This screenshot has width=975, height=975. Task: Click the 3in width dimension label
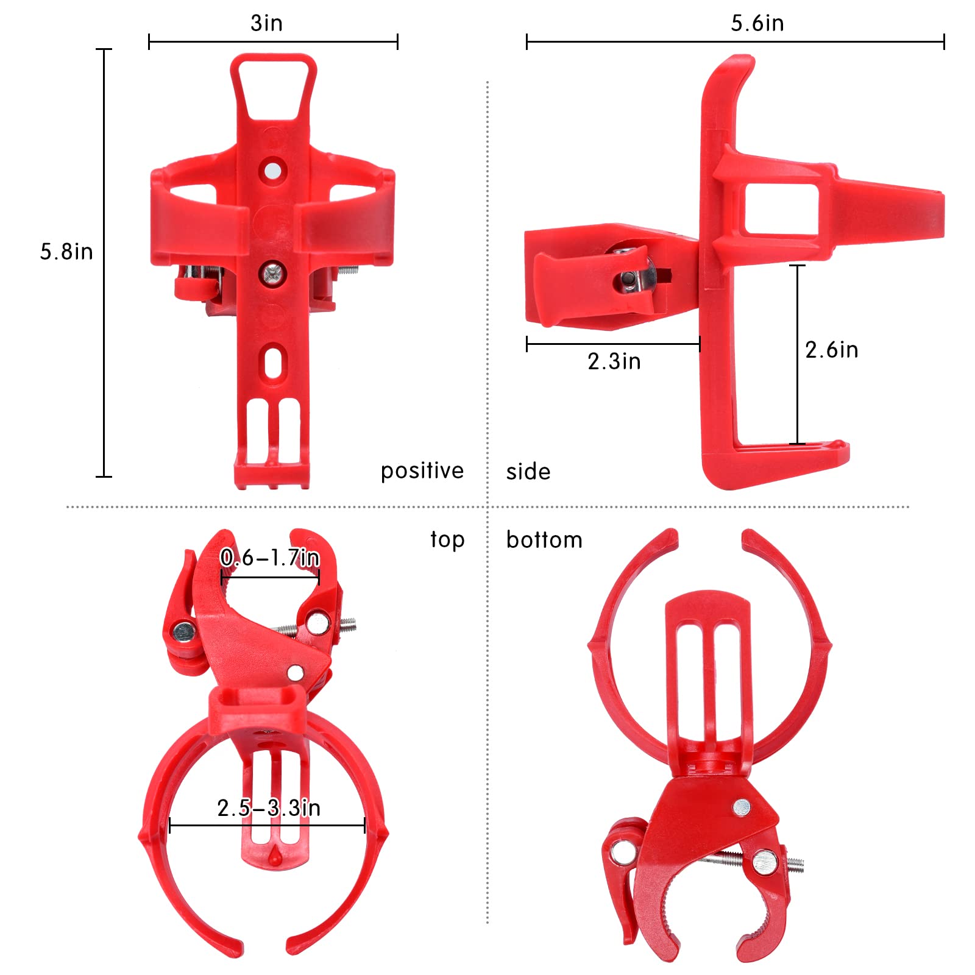[266, 23]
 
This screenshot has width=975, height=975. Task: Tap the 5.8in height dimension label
[66, 252]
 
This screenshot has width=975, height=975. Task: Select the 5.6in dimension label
[757, 23]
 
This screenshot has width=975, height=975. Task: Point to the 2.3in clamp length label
[614, 361]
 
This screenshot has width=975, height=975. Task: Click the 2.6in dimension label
[831, 350]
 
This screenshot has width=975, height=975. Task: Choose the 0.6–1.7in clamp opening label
[270, 558]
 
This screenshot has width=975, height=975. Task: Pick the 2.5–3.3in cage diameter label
[269, 808]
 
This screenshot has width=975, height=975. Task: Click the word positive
[422, 471]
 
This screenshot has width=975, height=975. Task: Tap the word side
[528, 472]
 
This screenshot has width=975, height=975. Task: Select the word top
[447, 540]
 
